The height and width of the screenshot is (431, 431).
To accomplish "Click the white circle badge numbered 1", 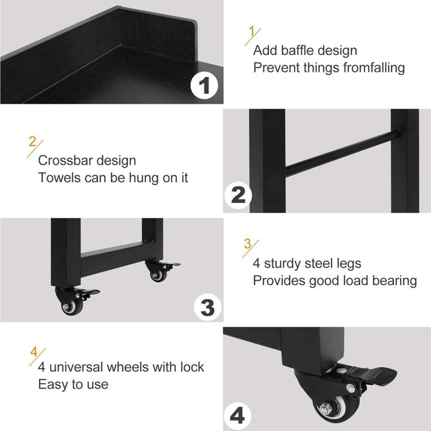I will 204,86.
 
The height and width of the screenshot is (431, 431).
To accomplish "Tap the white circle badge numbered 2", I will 238,195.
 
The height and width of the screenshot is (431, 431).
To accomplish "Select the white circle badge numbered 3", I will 207,306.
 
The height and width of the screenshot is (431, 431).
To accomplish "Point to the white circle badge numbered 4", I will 238,415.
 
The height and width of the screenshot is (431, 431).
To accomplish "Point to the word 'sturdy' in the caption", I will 286,263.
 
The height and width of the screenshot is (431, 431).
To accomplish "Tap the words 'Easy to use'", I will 73,384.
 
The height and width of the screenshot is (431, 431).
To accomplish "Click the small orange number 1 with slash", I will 252,33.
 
